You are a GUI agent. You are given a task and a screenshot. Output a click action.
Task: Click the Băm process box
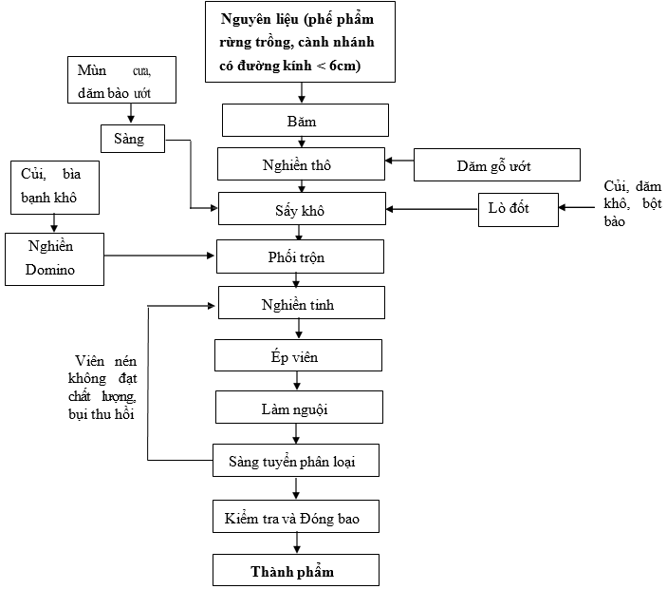306,121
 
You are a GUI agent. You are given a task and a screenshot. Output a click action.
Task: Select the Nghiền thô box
301,164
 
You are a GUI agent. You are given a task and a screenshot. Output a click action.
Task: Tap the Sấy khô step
302,209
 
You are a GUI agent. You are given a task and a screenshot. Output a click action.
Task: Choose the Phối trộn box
300,256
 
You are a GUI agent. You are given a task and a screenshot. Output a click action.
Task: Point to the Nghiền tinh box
301,303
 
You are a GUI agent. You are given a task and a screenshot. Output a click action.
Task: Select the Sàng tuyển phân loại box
296,461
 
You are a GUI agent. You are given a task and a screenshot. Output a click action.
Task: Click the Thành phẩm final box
296,570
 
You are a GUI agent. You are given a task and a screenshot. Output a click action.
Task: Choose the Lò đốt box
517,209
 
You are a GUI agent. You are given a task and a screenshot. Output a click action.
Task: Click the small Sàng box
133,138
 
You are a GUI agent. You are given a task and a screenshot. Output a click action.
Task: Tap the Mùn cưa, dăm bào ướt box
122,82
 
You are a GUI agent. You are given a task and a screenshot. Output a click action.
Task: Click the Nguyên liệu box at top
300,42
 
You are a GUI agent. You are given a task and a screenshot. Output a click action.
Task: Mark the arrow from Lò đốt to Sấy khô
432,209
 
